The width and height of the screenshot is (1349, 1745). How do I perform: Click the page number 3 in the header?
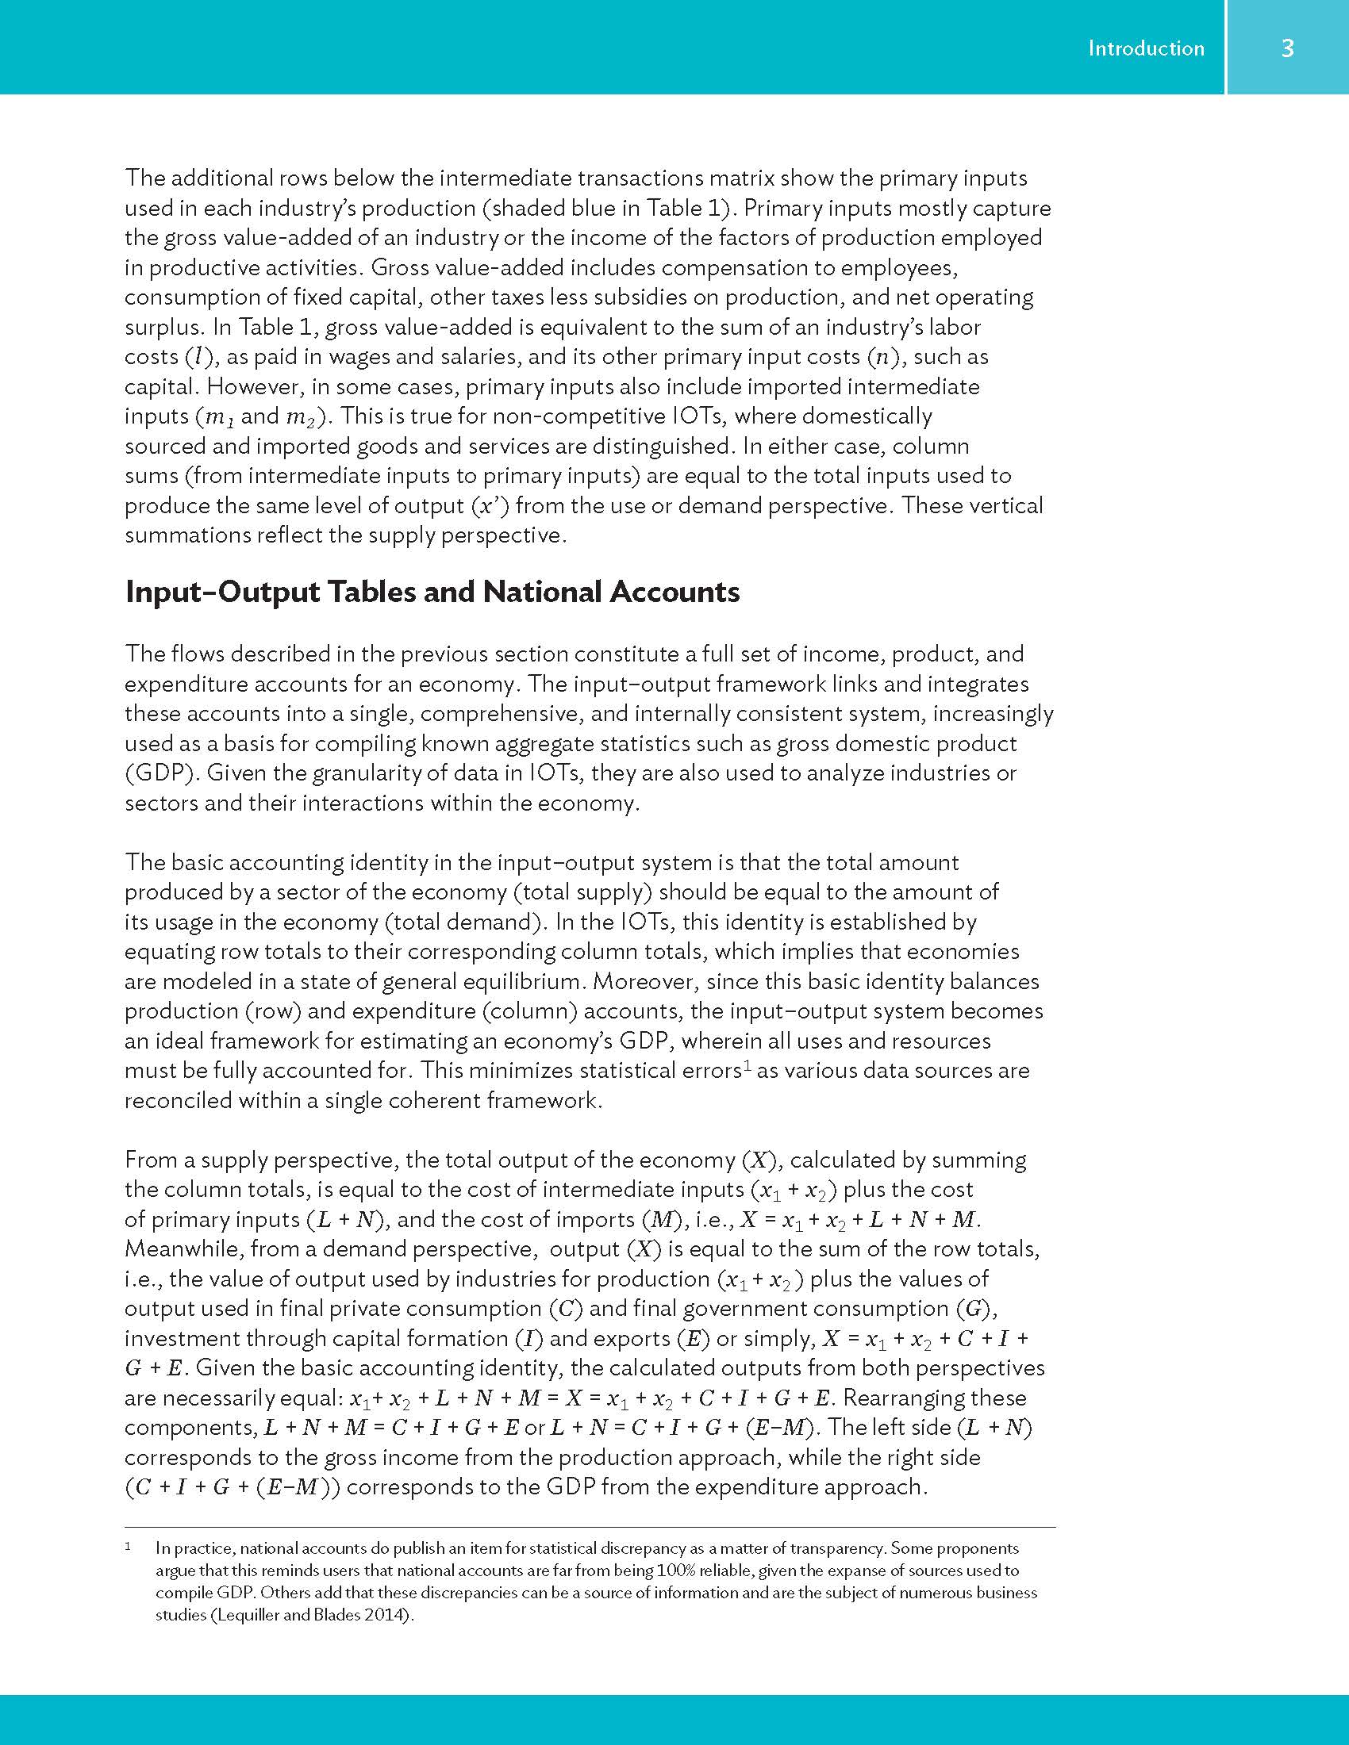(x=1286, y=48)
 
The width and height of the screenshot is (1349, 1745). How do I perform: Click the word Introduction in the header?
(x=1145, y=48)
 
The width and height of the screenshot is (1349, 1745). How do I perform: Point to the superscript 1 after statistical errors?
(x=748, y=1065)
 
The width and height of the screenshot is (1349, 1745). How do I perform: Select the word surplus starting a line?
(x=162, y=328)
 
